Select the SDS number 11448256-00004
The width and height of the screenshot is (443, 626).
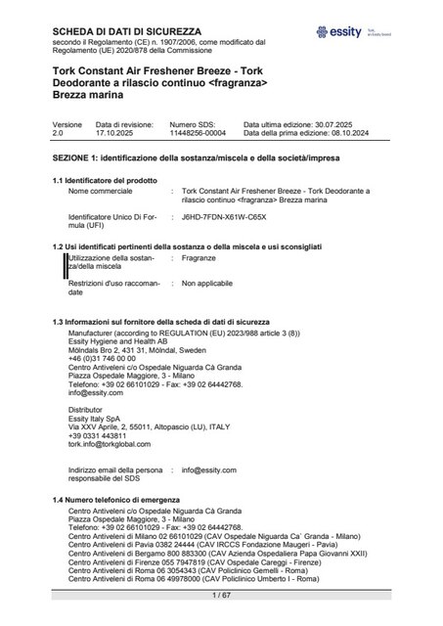click(197, 159)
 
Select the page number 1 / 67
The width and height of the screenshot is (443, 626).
click(221, 595)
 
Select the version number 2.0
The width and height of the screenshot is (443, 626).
click(58, 159)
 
